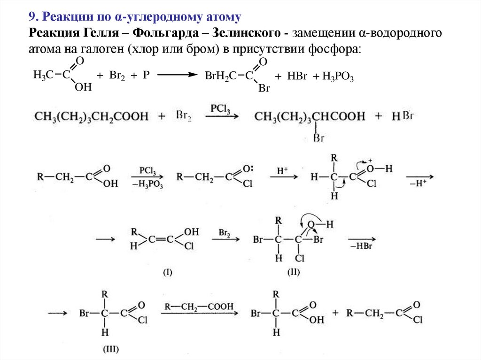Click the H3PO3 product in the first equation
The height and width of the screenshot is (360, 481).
(x=338, y=77)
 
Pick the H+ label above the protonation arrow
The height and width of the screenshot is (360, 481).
(x=282, y=172)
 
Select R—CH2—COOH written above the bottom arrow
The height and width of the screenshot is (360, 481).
(x=199, y=306)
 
